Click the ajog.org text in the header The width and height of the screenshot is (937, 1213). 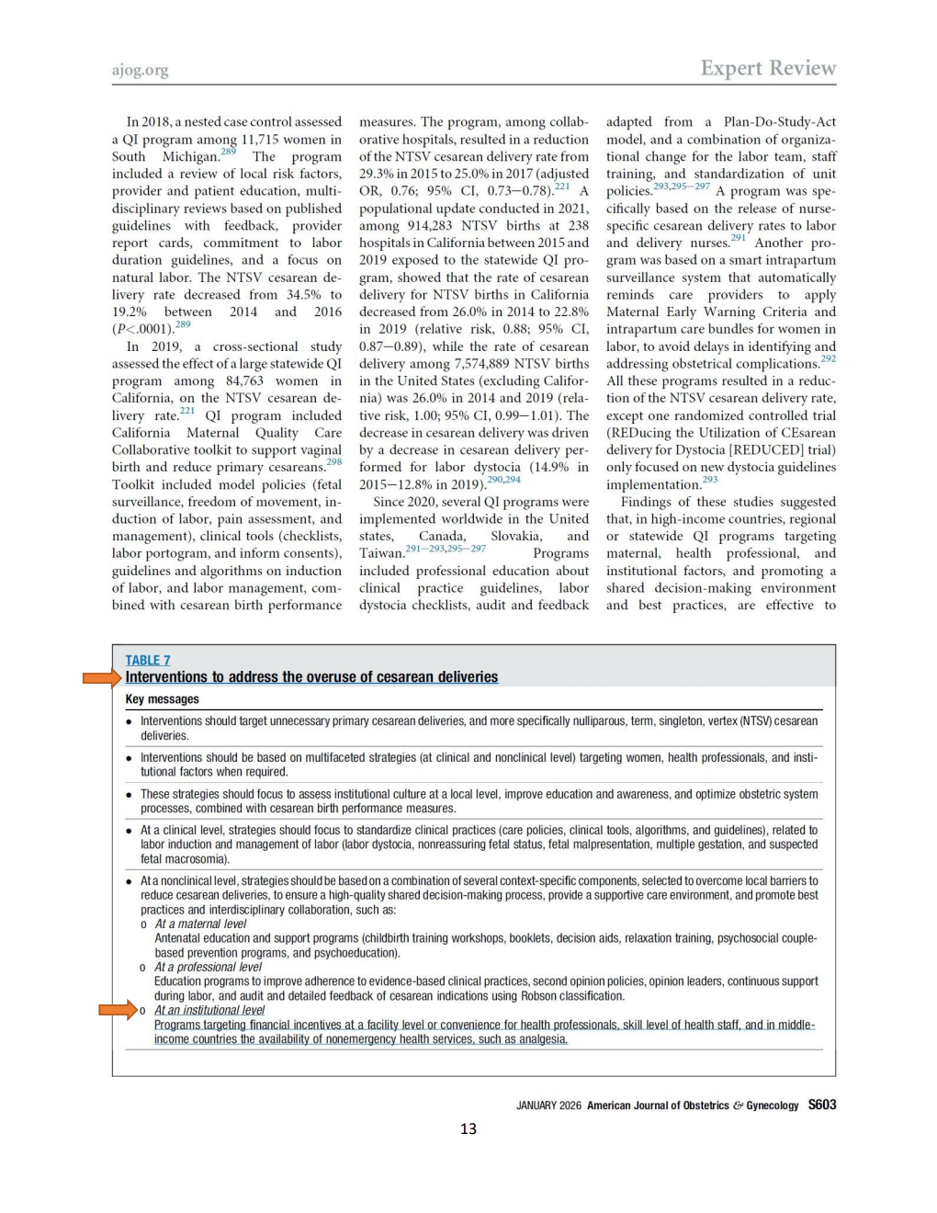point(140,70)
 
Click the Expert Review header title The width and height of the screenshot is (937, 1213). point(768,68)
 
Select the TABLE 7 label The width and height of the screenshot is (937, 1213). point(148,660)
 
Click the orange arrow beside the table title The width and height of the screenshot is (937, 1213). point(102,678)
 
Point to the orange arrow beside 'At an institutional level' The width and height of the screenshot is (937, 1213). point(118,1011)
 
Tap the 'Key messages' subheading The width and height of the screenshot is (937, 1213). point(162,699)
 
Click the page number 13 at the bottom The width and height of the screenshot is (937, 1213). point(468,1128)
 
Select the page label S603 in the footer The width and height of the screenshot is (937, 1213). point(822,1105)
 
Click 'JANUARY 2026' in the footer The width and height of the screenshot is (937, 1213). point(548,1105)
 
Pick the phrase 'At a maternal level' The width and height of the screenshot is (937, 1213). point(200,924)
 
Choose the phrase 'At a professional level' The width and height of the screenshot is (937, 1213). point(208,967)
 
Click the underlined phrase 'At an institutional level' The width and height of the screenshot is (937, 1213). point(209,1010)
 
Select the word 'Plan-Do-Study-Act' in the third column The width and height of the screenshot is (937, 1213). point(779,121)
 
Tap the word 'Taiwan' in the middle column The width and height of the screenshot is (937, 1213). point(381,553)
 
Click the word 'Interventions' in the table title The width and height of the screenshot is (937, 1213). point(166,677)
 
